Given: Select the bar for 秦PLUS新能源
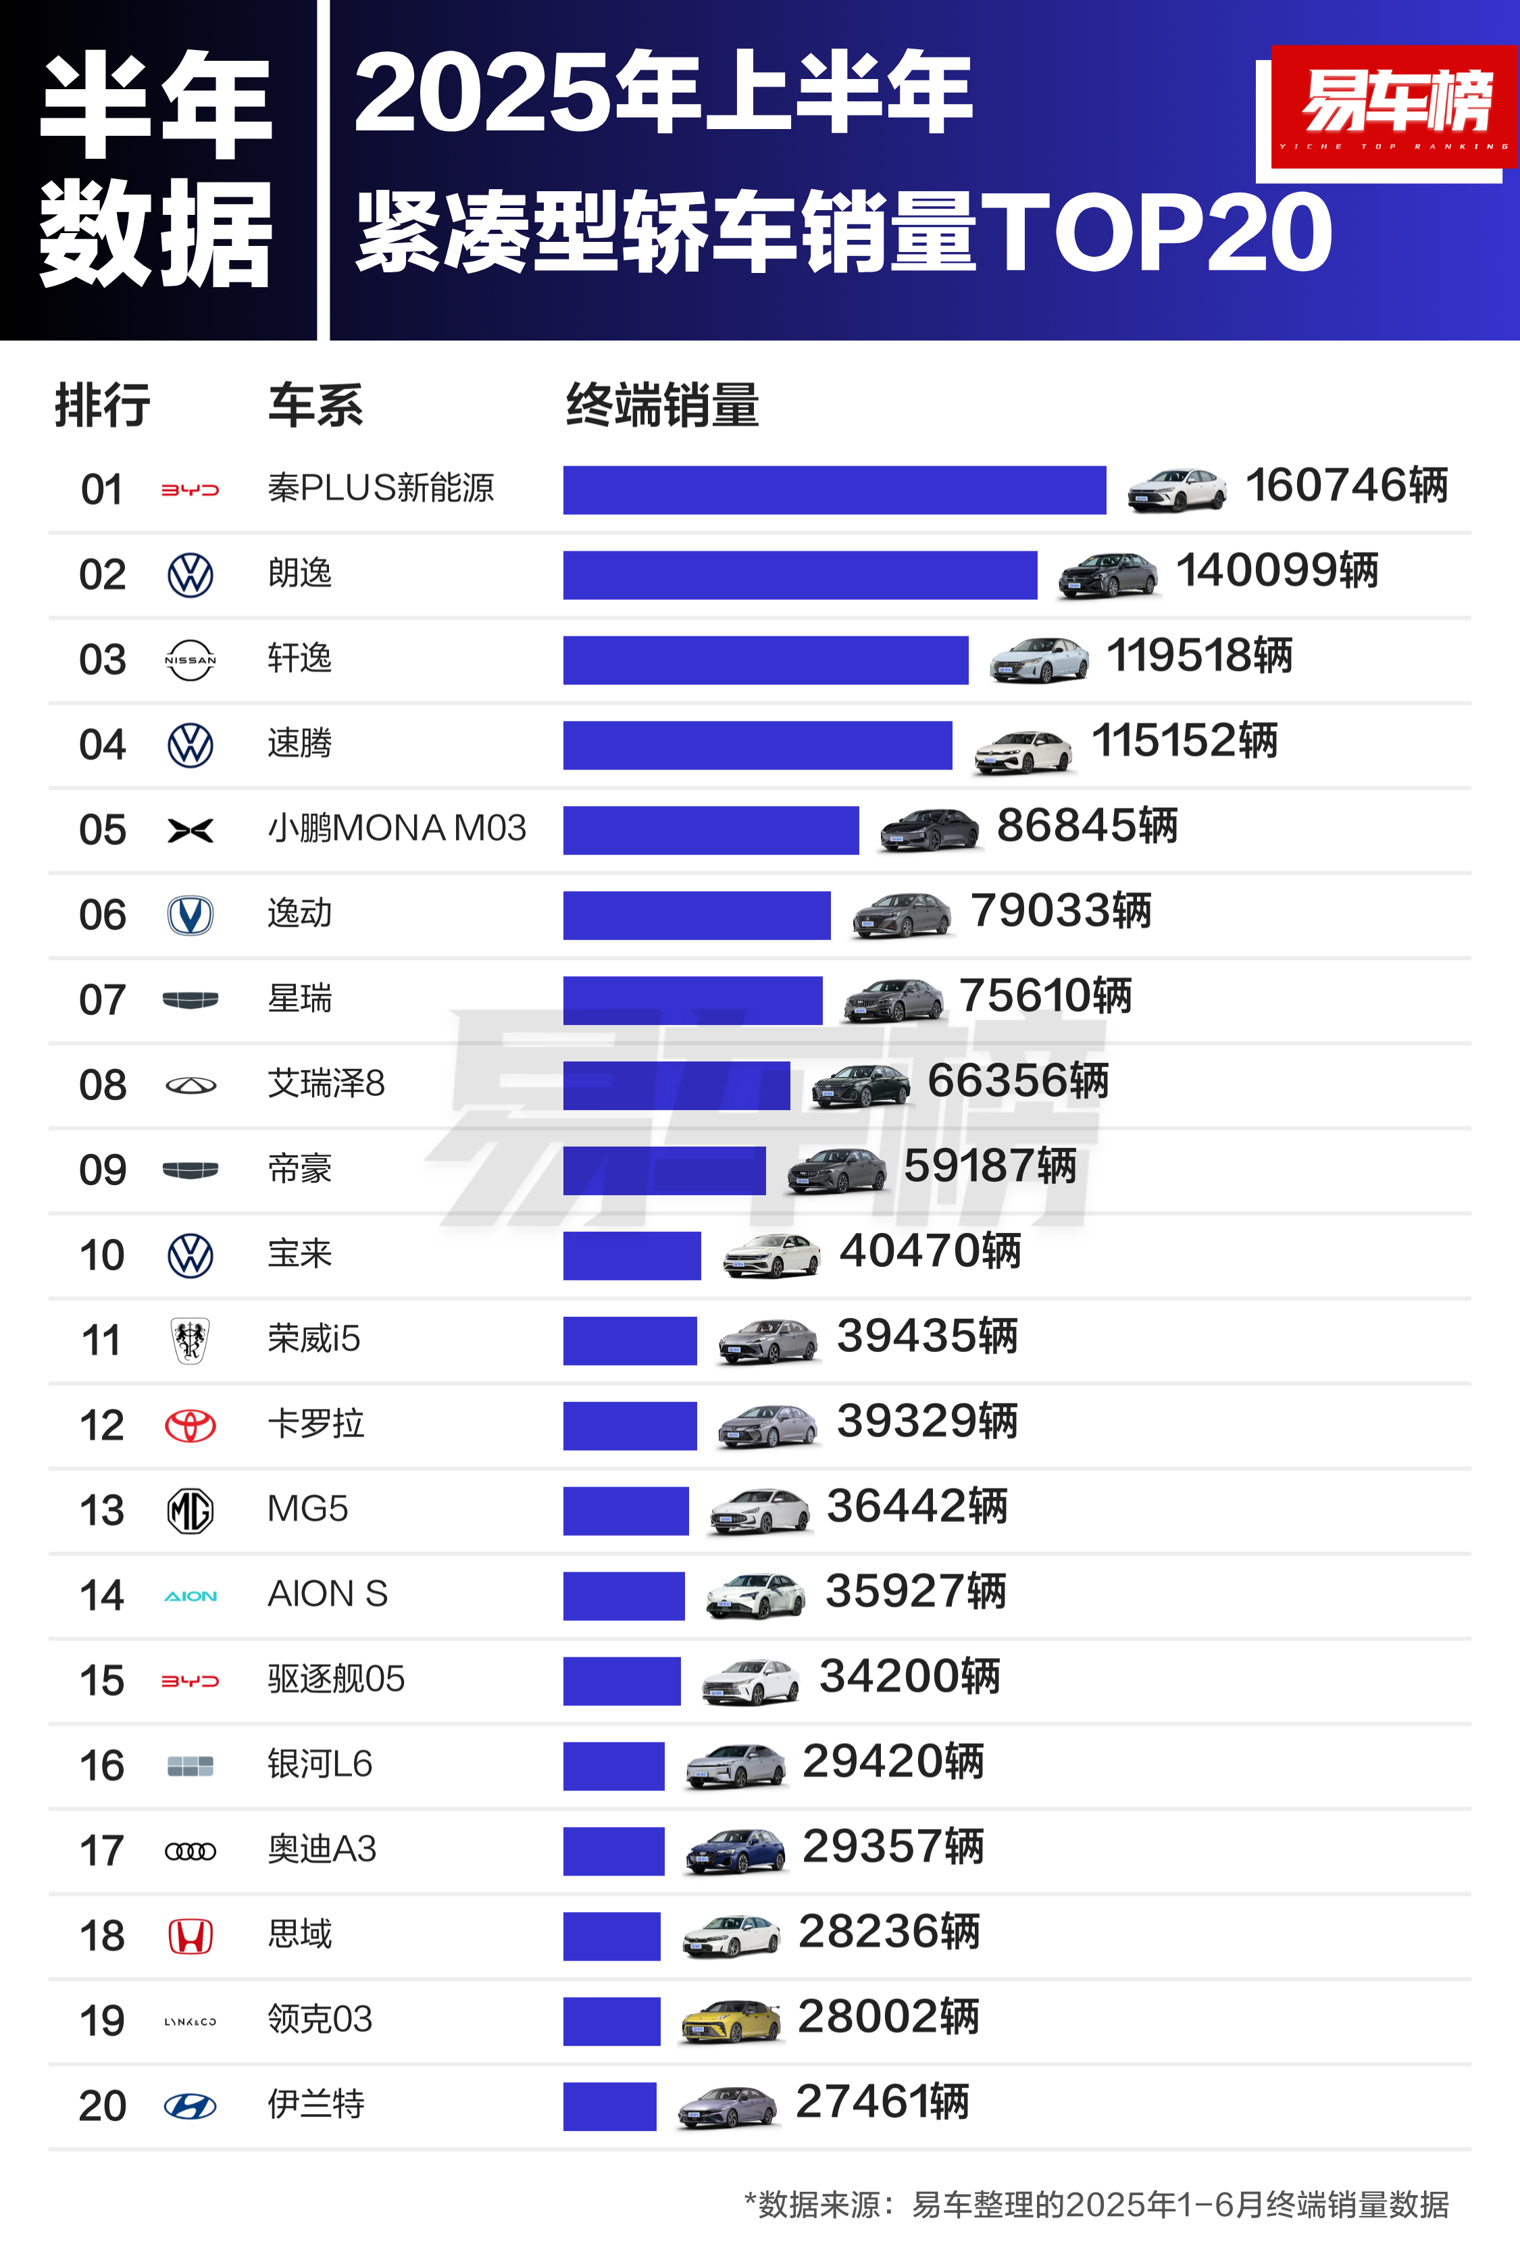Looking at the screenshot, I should (834, 490).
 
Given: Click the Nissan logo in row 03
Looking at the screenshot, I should (190, 660).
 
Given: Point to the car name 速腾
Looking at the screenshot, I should (299, 744).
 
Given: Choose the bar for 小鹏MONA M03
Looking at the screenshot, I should (711, 830).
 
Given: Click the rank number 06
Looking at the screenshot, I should (103, 915).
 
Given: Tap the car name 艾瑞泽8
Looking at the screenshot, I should (326, 1083).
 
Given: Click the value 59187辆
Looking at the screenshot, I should (989, 1166).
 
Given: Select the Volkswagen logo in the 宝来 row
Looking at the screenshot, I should (190, 1255).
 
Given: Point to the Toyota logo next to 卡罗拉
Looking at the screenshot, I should (190, 1425).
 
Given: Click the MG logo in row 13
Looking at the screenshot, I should (190, 1511).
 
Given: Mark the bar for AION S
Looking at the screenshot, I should (624, 1596).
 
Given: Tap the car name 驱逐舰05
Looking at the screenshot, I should (335, 1678).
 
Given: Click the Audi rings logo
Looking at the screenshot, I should (190, 1852).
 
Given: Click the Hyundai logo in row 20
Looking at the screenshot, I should (190, 2106).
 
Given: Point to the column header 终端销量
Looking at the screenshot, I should (662, 405).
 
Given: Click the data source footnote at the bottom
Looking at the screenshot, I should (1095, 2205).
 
